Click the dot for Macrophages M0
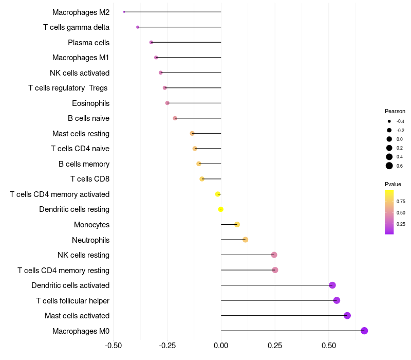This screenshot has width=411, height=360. click(364, 331)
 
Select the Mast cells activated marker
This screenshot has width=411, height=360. click(347, 315)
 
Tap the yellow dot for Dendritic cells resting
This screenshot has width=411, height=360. click(221, 209)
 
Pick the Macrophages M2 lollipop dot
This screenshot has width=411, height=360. click(124, 12)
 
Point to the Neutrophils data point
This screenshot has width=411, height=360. click(245, 240)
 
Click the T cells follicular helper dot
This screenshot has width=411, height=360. click(337, 300)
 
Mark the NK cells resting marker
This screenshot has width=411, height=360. click(274, 255)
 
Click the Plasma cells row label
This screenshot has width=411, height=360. click(88, 43)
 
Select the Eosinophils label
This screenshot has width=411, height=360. click(90, 103)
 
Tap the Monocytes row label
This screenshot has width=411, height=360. click(91, 225)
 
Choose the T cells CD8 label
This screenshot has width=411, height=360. click(90, 179)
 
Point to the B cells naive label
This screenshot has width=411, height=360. click(88, 118)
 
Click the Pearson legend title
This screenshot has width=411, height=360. click(395, 111)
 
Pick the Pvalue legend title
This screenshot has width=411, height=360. click(393, 184)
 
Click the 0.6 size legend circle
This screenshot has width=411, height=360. click(389, 166)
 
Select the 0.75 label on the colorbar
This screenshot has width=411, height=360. click(401, 201)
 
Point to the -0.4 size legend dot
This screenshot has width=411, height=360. click(389, 121)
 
